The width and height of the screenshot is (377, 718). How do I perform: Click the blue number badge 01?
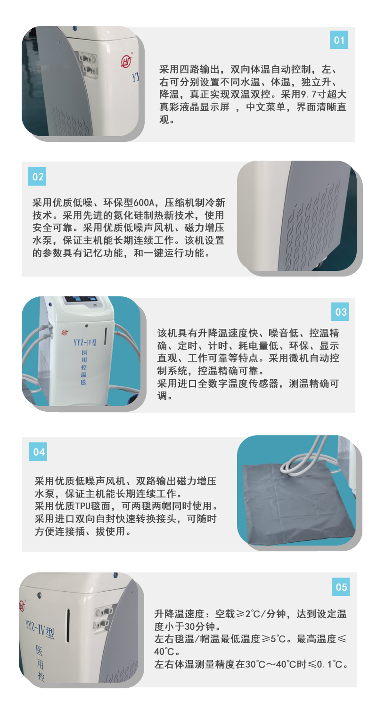[338, 40]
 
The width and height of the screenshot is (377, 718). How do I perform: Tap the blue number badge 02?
[37, 176]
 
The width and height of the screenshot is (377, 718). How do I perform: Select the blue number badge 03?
[340, 311]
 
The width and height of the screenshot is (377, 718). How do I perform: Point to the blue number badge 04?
[38, 452]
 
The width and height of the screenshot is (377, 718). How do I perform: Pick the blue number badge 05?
[340, 587]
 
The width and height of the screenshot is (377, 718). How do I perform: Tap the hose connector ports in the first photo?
[88, 64]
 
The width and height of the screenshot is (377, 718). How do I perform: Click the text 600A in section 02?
[143, 203]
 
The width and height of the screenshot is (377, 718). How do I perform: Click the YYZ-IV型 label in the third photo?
[85, 343]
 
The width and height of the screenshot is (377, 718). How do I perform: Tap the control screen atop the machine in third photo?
[81, 300]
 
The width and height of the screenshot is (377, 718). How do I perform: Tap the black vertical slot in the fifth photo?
[68, 625]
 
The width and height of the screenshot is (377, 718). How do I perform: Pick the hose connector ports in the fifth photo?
[103, 617]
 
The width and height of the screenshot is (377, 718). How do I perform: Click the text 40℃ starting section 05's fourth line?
[164, 651]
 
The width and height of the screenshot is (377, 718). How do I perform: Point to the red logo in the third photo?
[65, 333]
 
